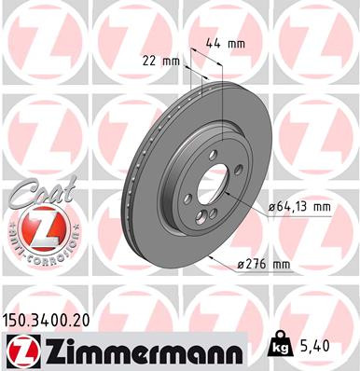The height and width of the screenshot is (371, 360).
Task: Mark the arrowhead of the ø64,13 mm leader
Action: pos(229,198)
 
